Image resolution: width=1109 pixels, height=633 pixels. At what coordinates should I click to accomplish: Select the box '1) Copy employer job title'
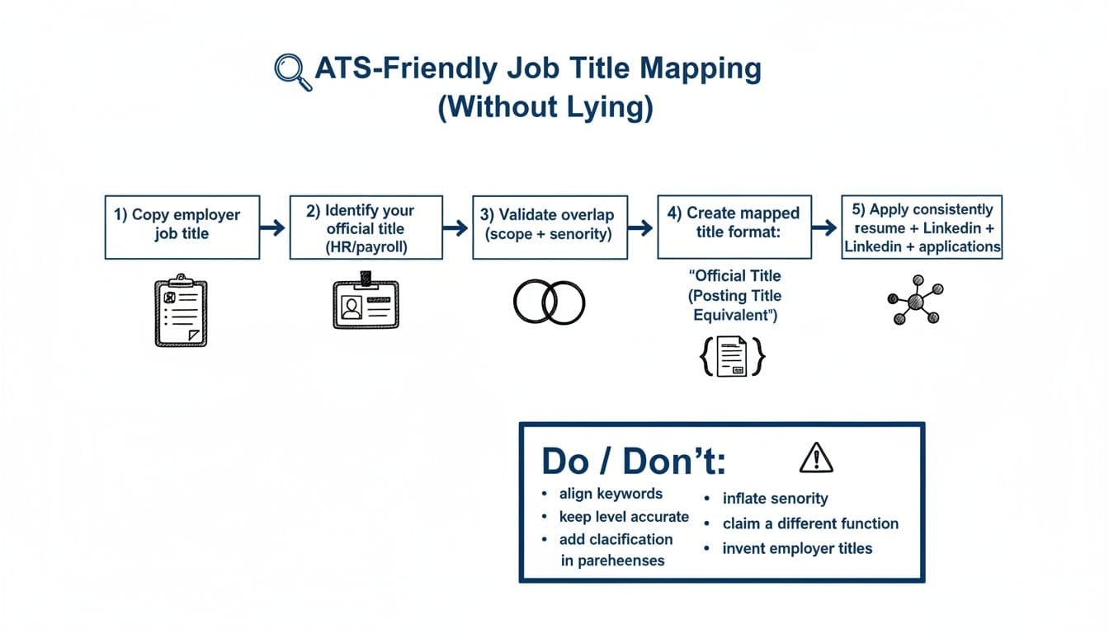click(x=182, y=227)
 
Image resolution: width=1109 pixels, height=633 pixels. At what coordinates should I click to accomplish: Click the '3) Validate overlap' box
click(x=550, y=227)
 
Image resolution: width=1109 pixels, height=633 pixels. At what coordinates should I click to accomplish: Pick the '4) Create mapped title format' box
click(x=734, y=227)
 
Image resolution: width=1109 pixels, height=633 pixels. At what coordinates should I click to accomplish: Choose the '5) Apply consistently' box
click(x=922, y=227)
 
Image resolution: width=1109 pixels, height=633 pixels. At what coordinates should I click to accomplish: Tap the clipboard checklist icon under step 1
click(x=182, y=312)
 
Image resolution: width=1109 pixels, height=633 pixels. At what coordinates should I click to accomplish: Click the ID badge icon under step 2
click(x=366, y=302)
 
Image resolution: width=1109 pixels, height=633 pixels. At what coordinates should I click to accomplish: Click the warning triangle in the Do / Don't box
click(x=816, y=457)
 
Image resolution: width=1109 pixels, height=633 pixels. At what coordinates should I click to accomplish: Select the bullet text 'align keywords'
click(x=611, y=494)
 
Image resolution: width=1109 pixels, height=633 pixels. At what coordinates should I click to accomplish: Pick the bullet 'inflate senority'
click(x=775, y=499)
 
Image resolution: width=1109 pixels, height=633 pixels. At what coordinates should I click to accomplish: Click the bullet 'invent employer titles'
click(x=797, y=548)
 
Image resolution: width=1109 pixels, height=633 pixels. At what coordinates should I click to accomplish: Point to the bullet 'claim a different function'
click(x=810, y=523)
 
